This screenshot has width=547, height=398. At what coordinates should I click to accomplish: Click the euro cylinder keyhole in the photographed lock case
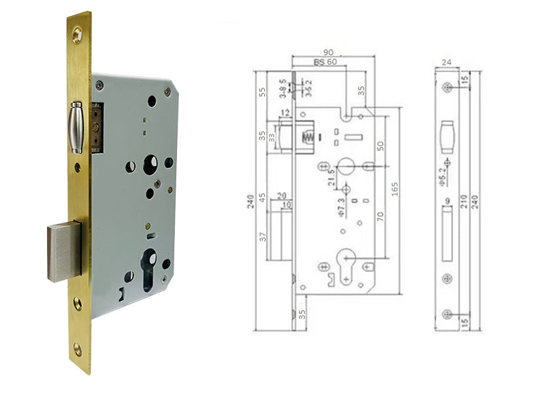click(151, 265)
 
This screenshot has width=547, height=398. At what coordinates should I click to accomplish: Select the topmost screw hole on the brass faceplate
click(76, 31)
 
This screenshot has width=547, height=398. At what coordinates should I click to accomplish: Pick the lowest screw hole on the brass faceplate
click(78, 350)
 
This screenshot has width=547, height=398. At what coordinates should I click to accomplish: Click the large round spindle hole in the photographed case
click(155, 164)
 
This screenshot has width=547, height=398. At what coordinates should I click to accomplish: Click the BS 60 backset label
click(325, 62)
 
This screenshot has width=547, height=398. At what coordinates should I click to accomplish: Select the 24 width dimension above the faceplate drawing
click(446, 63)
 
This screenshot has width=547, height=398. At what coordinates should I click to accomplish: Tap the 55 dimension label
click(262, 92)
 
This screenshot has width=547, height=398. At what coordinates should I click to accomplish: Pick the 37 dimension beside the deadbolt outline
click(263, 235)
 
